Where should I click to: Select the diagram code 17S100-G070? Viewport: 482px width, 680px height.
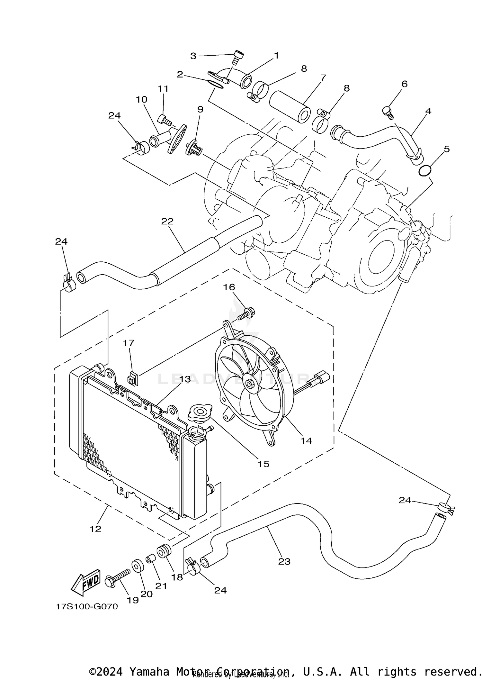[x=87, y=607]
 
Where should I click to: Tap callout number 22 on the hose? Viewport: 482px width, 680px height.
[x=167, y=222]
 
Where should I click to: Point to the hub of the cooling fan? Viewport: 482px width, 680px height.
[x=249, y=384]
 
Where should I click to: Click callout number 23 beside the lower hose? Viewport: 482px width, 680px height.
[x=284, y=561]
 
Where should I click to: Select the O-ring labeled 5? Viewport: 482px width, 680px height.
[x=425, y=170]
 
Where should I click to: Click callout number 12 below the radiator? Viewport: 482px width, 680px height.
[x=95, y=529]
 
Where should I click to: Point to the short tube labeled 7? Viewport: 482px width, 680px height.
[x=290, y=106]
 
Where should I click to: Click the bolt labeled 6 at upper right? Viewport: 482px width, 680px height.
[x=388, y=112]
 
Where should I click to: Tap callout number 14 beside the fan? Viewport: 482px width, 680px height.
[x=306, y=440]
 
